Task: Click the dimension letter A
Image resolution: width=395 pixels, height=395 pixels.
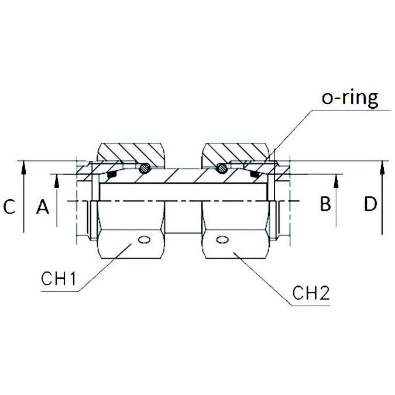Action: click(42, 206)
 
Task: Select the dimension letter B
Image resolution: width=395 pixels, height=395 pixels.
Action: click(326, 204)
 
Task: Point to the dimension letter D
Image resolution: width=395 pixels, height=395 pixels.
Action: click(370, 204)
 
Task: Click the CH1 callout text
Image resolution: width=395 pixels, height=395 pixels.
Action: click(59, 279)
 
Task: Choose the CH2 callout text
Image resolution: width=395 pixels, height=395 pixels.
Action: click(312, 293)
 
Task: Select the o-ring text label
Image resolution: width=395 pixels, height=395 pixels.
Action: click(349, 98)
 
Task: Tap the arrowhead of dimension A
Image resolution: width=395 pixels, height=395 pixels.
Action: click(57, 180)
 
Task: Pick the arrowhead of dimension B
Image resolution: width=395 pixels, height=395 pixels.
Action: click(336, 180)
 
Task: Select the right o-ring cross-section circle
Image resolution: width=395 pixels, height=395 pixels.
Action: click(221, 168)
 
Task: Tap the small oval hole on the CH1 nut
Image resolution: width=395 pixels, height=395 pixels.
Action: click(142, 239)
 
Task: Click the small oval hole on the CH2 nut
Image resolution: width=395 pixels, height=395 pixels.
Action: click(222, 239)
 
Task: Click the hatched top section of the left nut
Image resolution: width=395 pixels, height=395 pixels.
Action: click(132, 153)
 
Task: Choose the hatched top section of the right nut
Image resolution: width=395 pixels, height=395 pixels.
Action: click(234, 153)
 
